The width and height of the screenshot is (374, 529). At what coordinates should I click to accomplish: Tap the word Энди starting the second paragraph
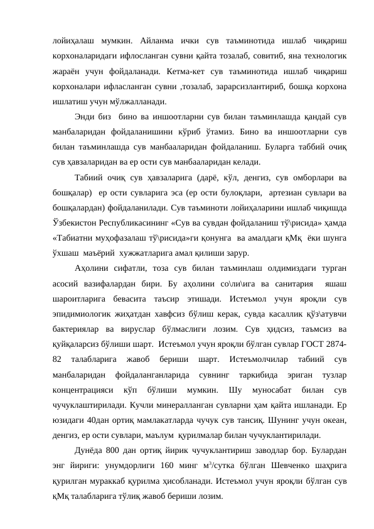pyautogui.click(x=85, y=117)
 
